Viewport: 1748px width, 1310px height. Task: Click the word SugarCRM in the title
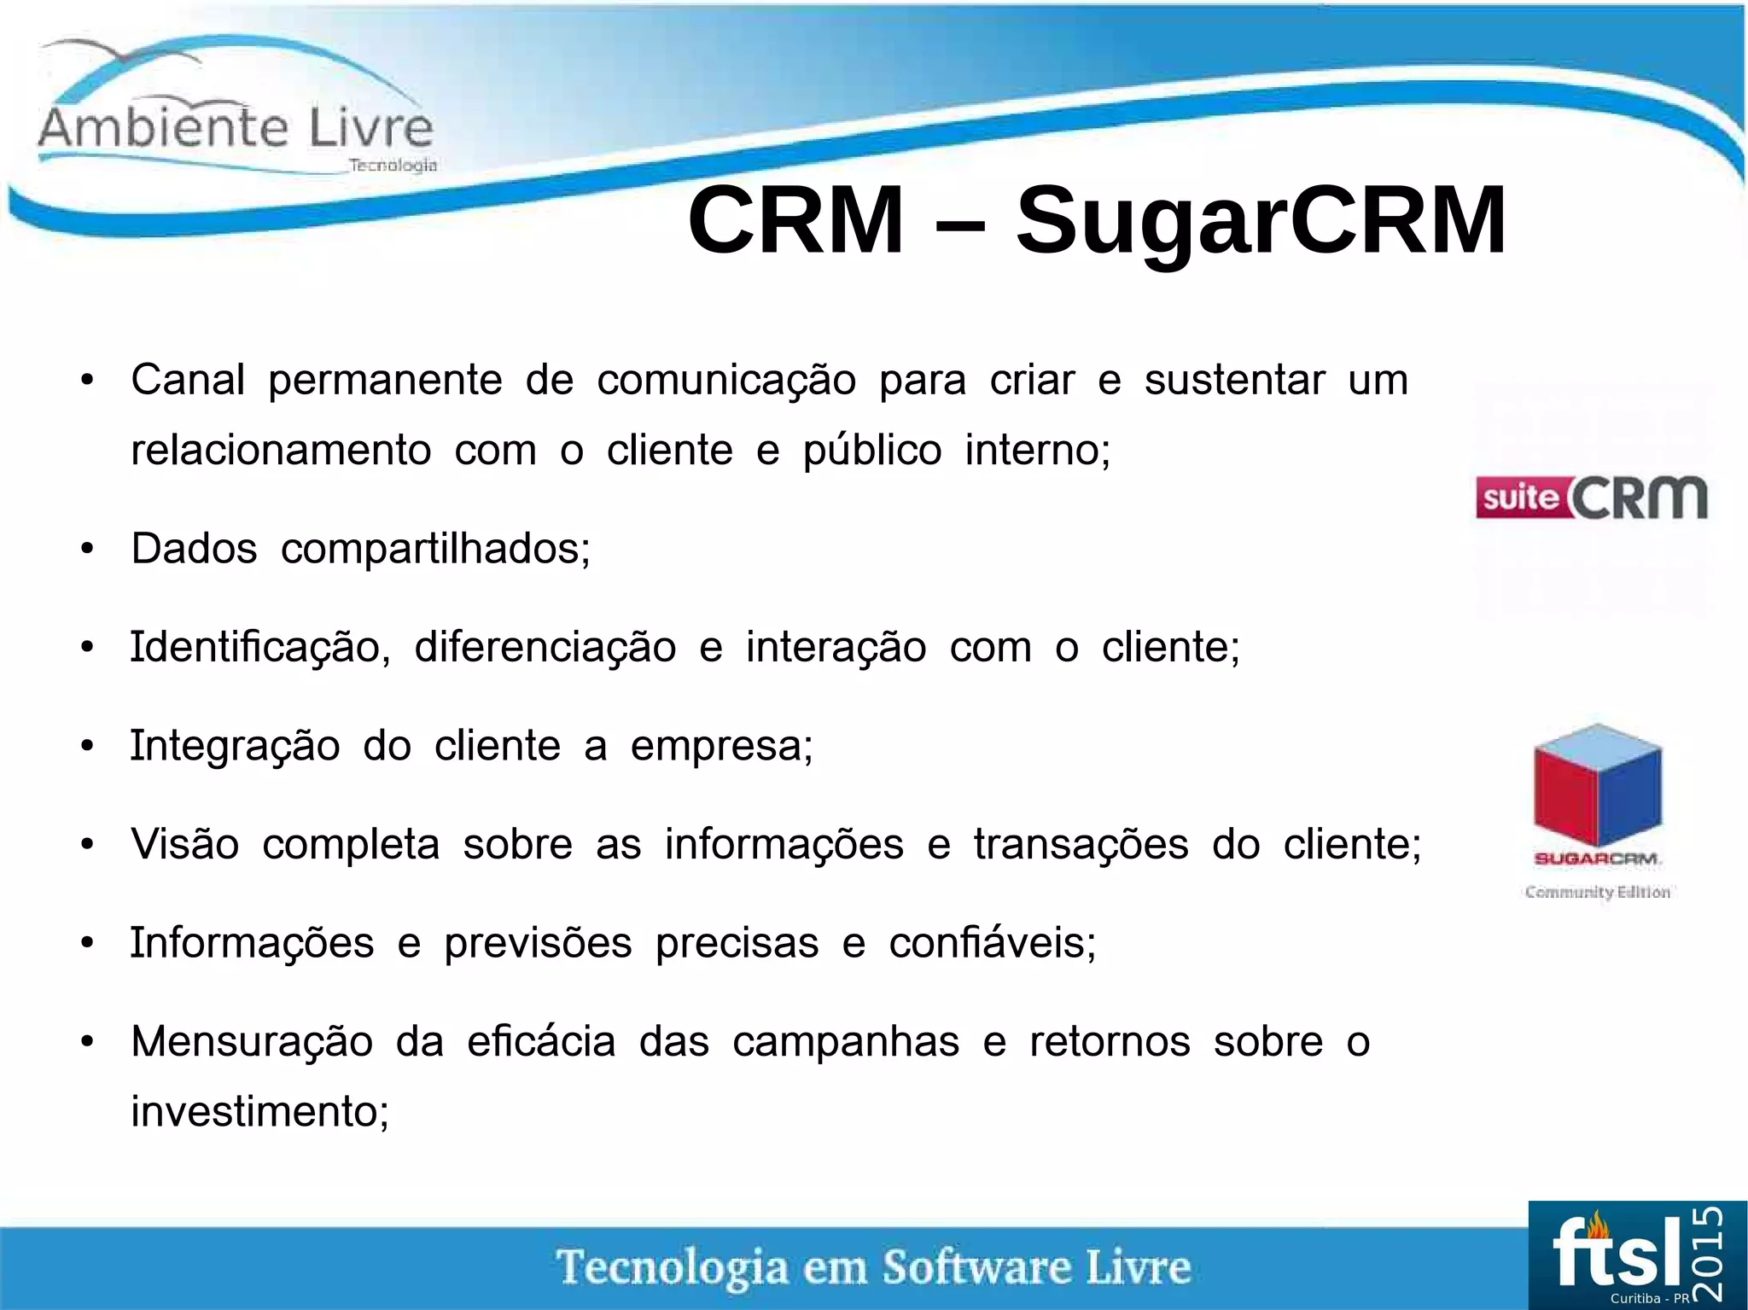point(1261,221)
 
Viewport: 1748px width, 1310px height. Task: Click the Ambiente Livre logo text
point(236,128)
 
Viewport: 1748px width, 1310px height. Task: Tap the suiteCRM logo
point(1592,498)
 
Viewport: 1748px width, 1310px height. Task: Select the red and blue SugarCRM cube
point(1597,785)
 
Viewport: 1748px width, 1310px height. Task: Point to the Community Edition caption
point(1597,892)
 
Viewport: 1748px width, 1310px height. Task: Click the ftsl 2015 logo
point(1636,1255)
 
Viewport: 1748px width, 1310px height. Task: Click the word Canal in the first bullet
point(188,380)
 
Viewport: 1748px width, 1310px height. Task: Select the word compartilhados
point(435,549)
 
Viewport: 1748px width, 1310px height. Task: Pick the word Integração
point(235,746)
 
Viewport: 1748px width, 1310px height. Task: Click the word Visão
point(185,845)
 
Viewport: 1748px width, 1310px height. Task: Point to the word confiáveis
point(992,943)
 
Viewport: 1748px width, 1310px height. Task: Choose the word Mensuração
point(252,1042)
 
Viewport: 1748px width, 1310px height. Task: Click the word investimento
point(259,1112)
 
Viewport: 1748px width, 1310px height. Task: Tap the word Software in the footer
point(976,1267)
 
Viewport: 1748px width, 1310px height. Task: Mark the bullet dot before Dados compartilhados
point(87,550)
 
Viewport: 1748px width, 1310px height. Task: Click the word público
point(871,451)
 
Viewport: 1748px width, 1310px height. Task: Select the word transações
point(1081,845)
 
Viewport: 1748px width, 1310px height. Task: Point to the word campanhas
point(846,1042)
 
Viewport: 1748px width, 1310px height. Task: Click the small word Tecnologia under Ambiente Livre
point(393,166)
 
